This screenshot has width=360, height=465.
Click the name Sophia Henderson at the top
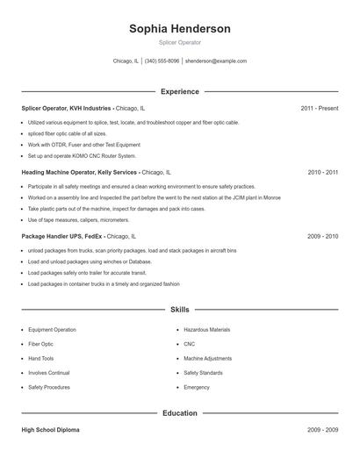point(179,29)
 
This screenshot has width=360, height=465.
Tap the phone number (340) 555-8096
point(162,61)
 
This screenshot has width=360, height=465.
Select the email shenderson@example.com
point(216,61)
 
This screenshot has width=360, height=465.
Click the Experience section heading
point(179,91)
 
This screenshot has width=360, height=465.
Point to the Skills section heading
point(179,310)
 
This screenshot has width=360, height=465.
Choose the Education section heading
point(179,412)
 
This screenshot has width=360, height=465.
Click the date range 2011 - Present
point(319,108)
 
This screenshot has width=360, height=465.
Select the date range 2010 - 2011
point(322,173)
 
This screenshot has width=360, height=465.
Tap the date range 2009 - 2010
point(322,236)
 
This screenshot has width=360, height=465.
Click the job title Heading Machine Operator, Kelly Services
point(79,173)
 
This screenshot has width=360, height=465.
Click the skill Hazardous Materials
point(207,330)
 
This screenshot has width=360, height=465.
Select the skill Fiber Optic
point(40,344)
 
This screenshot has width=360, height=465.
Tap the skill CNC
point(190,344)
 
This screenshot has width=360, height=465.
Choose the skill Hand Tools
point(40,358)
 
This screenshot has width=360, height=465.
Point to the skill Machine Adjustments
point(208,358)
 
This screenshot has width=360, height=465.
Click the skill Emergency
point(197,387)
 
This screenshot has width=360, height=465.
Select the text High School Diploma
point(51,430)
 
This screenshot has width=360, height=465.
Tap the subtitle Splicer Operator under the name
point(179,42)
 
